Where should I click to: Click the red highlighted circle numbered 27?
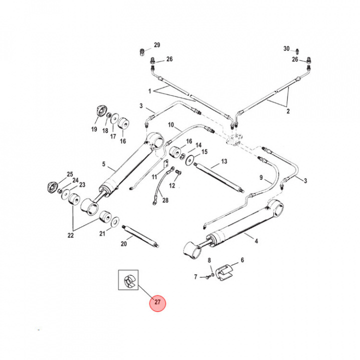[x=158, y=302]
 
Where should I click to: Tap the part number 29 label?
[x=157, y=45]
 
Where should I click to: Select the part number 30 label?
[x=286, y=48]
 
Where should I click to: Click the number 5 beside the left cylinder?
[x=104, y=164]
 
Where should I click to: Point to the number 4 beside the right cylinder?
[x=256, y=241]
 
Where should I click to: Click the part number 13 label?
[x=223, y=161]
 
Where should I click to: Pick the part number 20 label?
[x=124, y=243]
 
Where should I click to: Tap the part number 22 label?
[x=71, y=235]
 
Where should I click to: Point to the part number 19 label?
[x=93, y=129]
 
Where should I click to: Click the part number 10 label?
[x=170, y=124]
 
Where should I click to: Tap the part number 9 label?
[x=260, y=177]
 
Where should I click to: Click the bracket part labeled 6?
[x=227, y=270]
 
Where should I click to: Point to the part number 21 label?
[x=102, y=233]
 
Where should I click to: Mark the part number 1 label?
[x=149, y=91]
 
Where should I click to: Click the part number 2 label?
[x=288, y=112]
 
